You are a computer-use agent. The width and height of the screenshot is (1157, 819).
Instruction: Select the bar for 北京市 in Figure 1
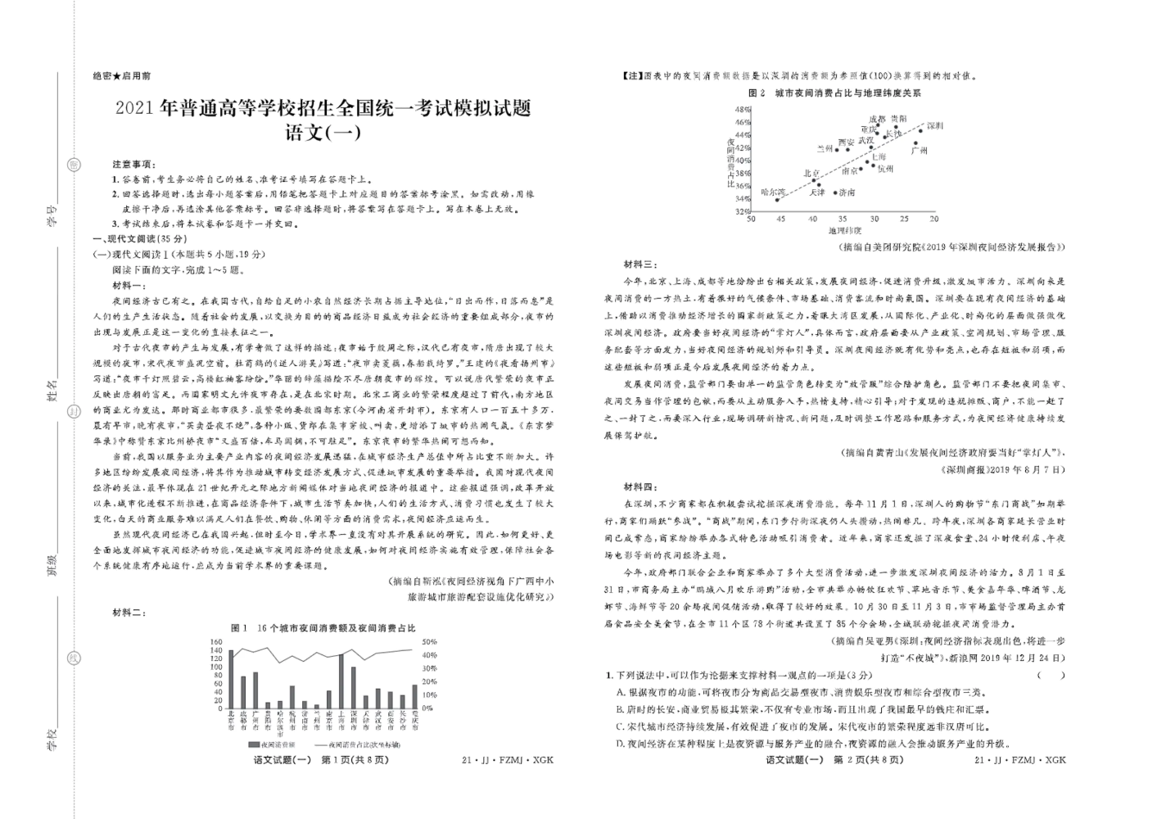pyautogui.click(x=231, y=680)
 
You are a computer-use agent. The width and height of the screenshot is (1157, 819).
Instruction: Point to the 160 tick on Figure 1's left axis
pyautogui.click(x=216, y=642)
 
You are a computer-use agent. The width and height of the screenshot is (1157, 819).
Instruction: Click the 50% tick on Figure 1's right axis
pyautogui.click(x=428, y=642)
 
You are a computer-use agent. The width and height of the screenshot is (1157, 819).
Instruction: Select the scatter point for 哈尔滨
pyautogui.click(x=777, y=199)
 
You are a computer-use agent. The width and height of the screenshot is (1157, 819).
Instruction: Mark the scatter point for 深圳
pyautogui.click(x=920, y=131)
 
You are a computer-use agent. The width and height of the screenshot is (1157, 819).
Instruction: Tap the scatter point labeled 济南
pyautogui.click(x=835, y=192)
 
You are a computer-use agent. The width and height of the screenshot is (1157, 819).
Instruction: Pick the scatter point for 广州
pyautogui.click(x=915, y=144)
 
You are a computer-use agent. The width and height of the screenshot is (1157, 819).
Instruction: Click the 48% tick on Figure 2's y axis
pyautogui.click(x=742, y=109)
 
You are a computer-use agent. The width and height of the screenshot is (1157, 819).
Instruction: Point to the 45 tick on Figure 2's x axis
pyautogui.click(x=779, y=219)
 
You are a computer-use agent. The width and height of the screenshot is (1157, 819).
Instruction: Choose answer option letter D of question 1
pyautogui.click(x=621, y=744)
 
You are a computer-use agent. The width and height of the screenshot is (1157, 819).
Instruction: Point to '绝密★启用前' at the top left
pyautogui.click(x=122, y=75)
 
